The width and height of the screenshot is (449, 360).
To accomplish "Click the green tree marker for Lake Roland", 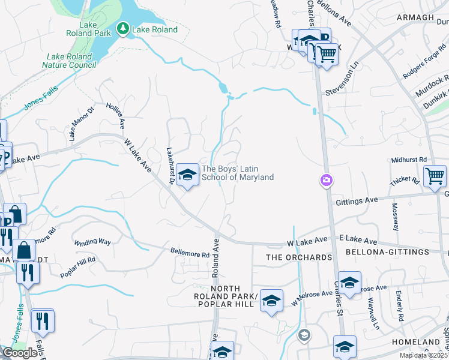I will [123, 29].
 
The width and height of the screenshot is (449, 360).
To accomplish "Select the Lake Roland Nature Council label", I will [70, 61].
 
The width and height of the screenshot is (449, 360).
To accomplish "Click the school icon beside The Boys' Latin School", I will [188, 175].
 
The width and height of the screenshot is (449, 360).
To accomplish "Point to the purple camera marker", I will [326, 180].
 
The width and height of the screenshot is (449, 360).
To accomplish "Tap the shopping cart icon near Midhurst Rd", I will [435, 176].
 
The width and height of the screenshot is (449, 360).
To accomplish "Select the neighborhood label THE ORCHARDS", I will [299, 257].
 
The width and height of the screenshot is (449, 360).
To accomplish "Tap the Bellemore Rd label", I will [190, 253].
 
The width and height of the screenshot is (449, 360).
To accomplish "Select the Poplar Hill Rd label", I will [78, 268].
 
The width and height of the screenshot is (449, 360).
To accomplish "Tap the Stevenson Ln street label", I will [342, 84].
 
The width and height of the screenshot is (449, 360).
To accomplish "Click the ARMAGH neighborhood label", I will [415, 17].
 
